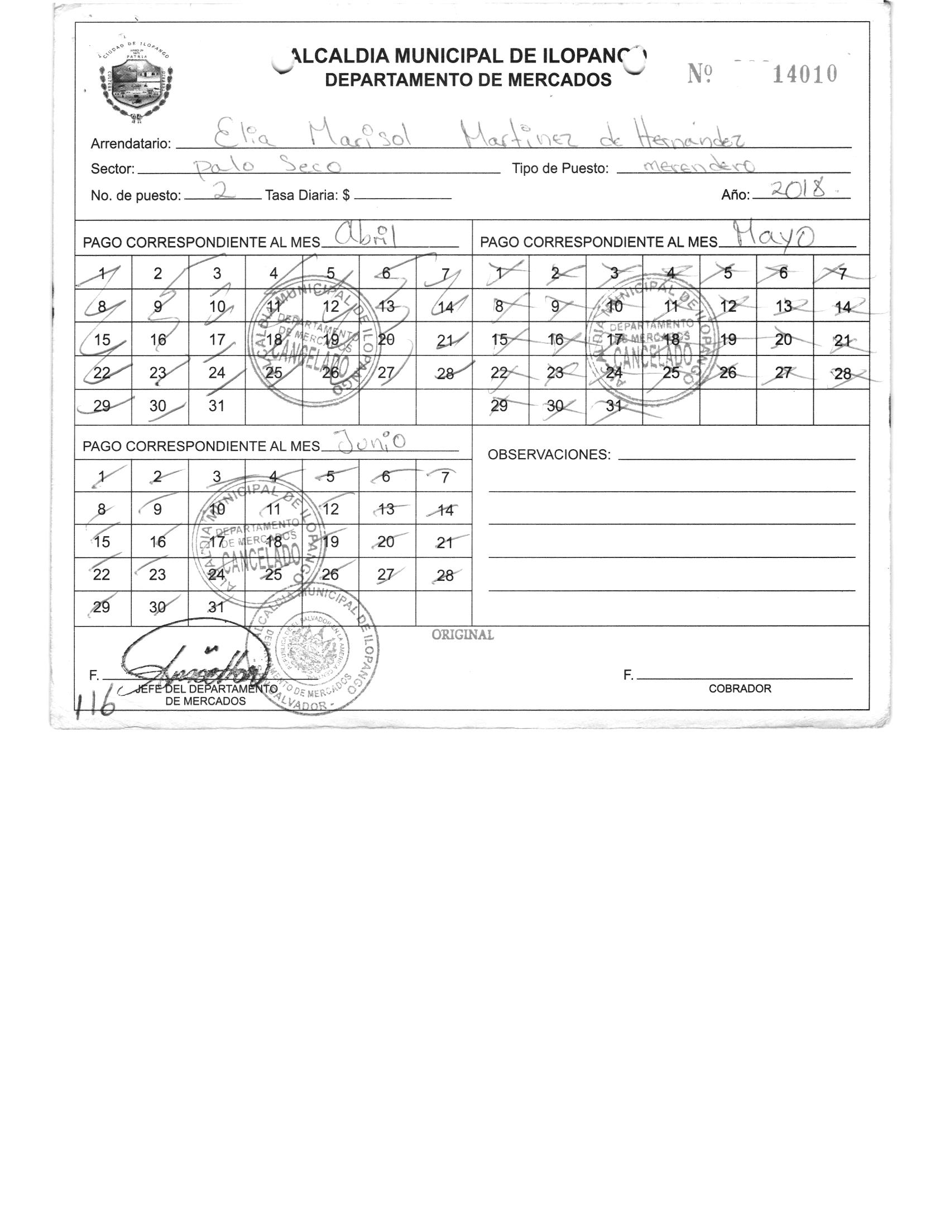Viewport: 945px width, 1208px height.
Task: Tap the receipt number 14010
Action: click(804, 74)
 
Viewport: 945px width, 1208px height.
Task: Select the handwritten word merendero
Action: click(698, 166)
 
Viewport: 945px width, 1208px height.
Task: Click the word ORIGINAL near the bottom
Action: click(463, 635)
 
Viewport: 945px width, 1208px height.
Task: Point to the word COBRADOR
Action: click(740, 689)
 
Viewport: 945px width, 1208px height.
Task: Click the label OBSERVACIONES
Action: click(549, 455)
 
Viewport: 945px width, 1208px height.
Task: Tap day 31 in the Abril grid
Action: click(217, 406)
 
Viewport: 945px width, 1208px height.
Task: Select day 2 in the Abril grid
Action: click(158, 273)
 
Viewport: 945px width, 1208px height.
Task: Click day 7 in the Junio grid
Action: click(445, 478)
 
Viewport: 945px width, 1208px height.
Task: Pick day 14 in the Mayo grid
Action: click(842, 307)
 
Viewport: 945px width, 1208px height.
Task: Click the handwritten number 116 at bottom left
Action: click(95, 699)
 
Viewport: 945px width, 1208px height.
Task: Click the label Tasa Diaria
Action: click(308, 195)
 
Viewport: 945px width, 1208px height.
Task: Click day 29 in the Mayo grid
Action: click(499, 406)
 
